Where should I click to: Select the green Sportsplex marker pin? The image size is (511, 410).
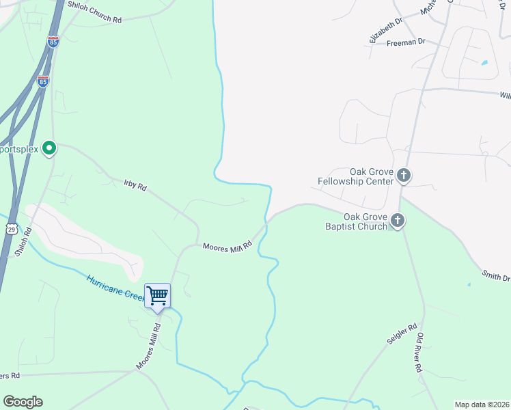click(49, 148)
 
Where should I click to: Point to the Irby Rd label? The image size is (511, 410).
click(135, 185)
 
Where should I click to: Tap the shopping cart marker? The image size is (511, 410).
click(158, 296)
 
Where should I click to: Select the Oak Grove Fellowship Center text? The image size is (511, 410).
click(356, 176)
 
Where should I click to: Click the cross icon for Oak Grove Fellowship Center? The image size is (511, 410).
click(404, 176)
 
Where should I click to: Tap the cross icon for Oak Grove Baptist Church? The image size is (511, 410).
click(398, 221)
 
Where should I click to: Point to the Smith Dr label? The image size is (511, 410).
click(496, 277)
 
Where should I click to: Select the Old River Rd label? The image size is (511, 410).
click(419, 353)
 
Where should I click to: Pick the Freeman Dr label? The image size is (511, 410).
click(406, 42)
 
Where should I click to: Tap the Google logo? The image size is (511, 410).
click(23, 402)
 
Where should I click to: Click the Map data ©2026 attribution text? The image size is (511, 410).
click(482, 404)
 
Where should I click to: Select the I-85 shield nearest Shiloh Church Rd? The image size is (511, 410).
click(53, 42)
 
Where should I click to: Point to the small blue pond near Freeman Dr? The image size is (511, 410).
click(484, 63)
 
